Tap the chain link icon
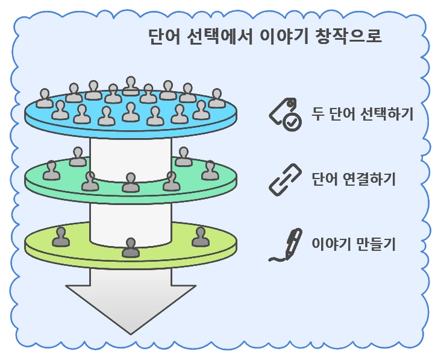(x=284, y=180)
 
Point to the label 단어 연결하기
(x=354, y=179)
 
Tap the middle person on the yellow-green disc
(x=130, y=247)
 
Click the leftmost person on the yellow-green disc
(x=60, y=237)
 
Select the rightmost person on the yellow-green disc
(x=200, y=237)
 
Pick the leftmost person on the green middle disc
(x=51, y=171)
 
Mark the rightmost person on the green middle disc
(x=210, y=171)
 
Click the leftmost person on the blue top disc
(x=45, y=98)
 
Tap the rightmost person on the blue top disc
(x=217, y=98)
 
